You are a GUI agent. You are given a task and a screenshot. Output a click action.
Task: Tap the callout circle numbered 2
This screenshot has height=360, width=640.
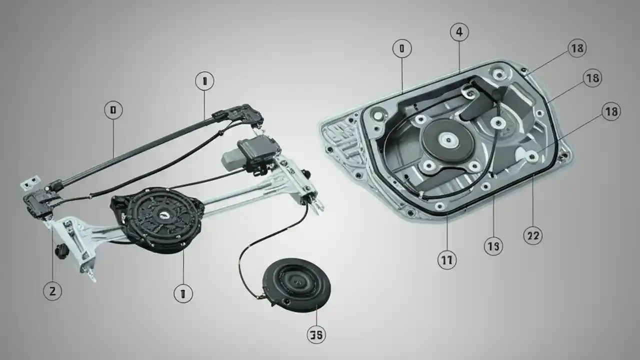click(x=52, y=291)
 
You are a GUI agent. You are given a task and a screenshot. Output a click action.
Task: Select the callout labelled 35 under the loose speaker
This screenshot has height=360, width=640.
click(x=316, y=335)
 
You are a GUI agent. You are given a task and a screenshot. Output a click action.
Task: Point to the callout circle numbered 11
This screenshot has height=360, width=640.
click(x=446, y=260)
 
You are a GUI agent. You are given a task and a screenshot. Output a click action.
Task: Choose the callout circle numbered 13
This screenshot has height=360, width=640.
click(x=493, y=246)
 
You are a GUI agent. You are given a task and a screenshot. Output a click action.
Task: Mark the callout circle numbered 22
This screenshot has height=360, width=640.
click(x=532, y=235)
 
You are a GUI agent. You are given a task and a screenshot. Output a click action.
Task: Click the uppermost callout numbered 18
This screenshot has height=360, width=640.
click(x=577, y=48)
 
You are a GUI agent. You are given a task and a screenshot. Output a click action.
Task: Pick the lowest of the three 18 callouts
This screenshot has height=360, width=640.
click(x=611, y=112)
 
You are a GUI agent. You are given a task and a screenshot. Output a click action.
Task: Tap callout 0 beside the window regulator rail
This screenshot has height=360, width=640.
click(x=113, y=110)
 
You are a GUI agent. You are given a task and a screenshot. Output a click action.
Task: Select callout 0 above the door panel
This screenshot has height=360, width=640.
click(x=402, y=48)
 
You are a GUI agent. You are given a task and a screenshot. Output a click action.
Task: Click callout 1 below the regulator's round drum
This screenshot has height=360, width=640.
click(x=183, y=293)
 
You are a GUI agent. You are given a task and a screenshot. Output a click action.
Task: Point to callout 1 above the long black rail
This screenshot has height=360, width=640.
click(x=204, y=81)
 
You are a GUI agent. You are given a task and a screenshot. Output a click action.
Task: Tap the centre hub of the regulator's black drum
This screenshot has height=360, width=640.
click(x=163, y=214)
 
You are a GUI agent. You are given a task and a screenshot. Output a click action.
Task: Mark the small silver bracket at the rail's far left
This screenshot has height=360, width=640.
click(x=30, y=183)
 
